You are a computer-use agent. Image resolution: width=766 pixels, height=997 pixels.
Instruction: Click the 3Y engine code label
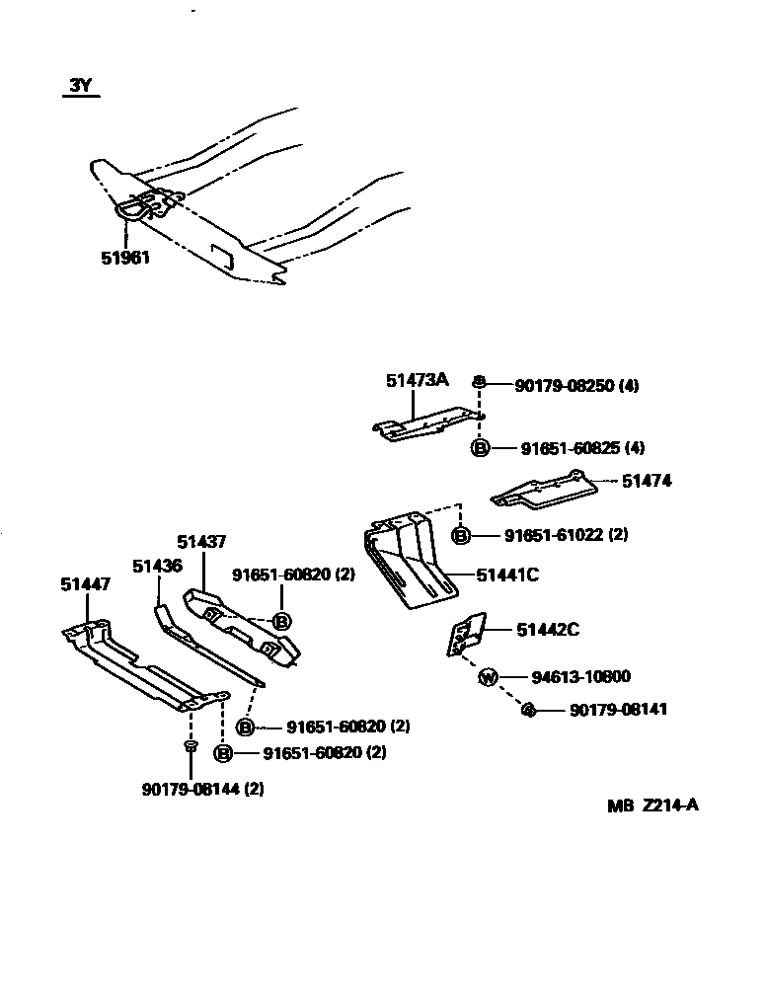(80, 86)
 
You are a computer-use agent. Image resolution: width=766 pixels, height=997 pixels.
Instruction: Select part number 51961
(125, 258)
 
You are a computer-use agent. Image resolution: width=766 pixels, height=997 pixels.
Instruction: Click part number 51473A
(417, 379)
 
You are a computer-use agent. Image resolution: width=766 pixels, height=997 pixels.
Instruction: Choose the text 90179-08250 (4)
(576, 386)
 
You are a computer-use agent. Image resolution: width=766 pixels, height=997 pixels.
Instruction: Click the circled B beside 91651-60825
(480, 448)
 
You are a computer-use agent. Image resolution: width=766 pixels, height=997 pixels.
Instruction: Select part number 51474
(646, 481)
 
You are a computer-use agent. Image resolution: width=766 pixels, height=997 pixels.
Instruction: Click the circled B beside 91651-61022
(461, 535)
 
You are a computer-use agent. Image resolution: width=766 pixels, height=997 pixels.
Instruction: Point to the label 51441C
(507, 575)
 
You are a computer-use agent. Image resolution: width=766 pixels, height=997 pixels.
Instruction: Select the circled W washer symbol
(488, 677)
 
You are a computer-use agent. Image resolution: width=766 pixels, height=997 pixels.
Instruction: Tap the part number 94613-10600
(580, 677)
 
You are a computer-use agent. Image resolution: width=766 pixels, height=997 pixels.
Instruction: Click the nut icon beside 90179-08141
(527, 710)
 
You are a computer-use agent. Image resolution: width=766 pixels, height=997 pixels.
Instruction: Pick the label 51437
(201, 541)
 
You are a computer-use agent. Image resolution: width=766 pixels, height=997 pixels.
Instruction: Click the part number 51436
(157, 565)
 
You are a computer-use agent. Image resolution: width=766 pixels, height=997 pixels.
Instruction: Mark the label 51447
(85, 584)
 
